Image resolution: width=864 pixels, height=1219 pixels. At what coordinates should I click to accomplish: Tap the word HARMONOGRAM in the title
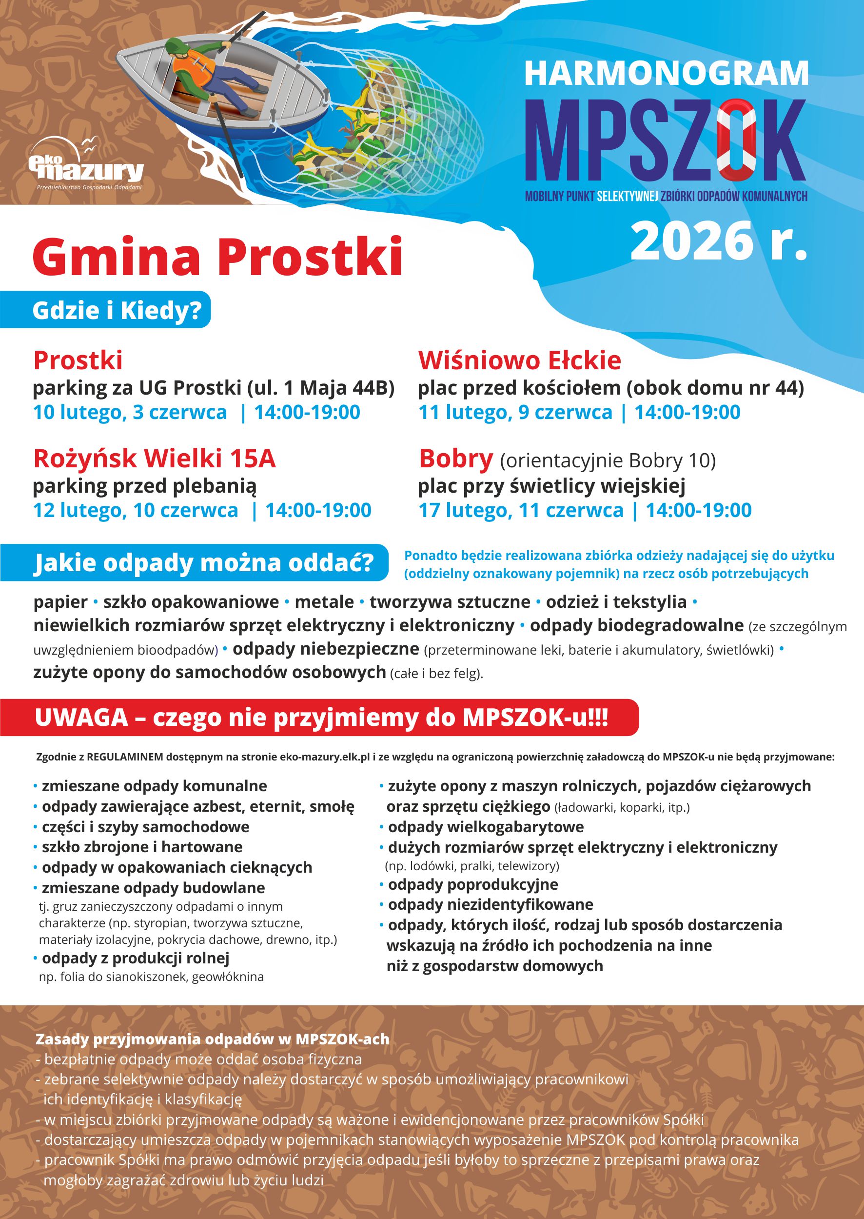[666, 74]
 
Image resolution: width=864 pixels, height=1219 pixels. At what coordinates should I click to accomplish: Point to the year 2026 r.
[718, 241]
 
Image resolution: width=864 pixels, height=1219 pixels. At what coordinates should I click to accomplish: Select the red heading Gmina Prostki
[217, 258]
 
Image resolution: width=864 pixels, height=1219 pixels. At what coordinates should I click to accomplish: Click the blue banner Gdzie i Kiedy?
[117, 310]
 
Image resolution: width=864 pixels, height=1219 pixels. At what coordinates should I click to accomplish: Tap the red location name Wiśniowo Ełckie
[519, 360]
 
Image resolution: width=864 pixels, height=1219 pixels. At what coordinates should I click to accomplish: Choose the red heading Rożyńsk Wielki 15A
[154, 459]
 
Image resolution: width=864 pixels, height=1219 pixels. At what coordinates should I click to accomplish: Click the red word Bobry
[455, 459]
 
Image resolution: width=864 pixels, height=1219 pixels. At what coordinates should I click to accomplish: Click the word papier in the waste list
[60, 602]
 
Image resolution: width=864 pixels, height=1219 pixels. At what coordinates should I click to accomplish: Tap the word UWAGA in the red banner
[81, 718]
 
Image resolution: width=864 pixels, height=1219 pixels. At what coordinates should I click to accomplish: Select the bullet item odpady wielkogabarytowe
[485, 827]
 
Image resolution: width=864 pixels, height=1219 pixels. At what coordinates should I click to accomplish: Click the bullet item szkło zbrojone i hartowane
[142, 847]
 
